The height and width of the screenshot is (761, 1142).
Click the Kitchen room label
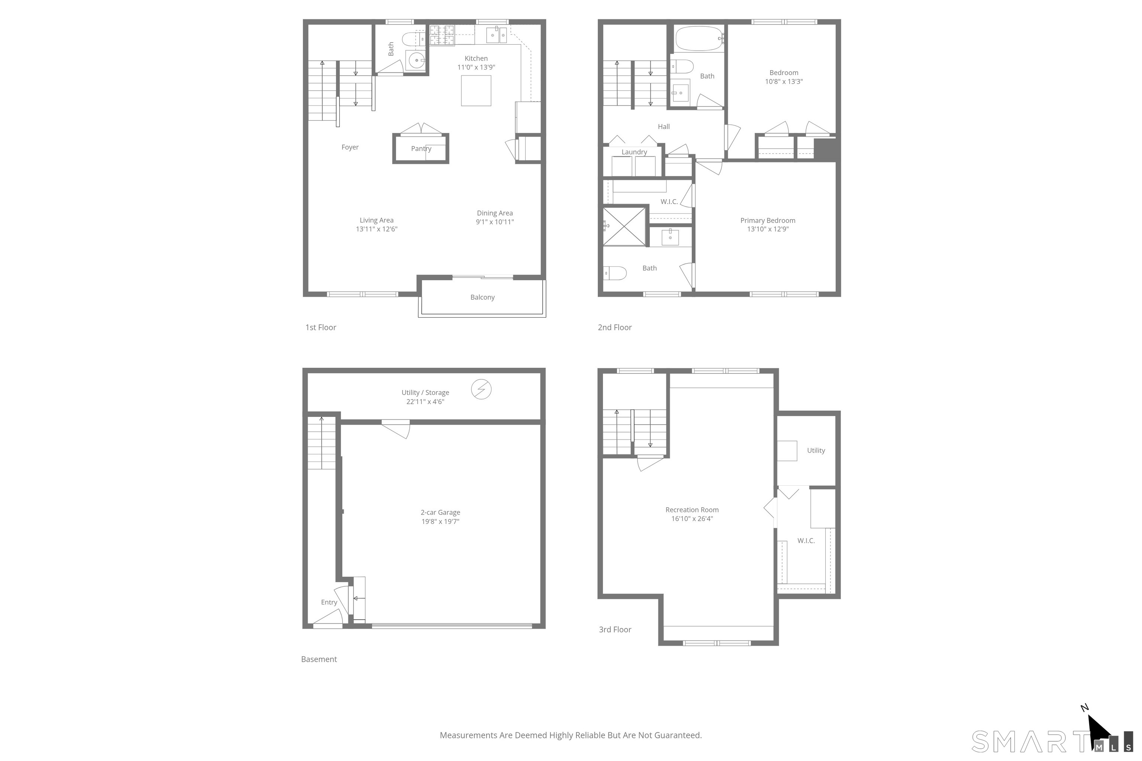[x=476, y=58]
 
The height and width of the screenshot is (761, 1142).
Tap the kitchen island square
[x=476, y=90]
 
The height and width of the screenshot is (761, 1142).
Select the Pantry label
[x=421, y=149]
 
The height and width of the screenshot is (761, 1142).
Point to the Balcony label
[x=482, y=297]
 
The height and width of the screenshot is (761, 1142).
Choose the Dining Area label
[x=495, y=213]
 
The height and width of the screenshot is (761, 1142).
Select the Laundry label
[x=634, y=152]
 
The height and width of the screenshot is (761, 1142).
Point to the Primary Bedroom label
[x=768, y=220]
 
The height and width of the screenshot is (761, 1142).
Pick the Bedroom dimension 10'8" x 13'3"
[x=784, y=81]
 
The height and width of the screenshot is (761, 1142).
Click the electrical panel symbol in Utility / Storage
[x=481, y=389]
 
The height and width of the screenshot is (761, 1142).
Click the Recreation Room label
[x=692, y=509]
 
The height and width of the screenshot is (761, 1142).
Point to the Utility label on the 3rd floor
[x=816, y=450]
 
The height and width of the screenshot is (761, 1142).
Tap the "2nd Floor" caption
[x=615, y=328]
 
